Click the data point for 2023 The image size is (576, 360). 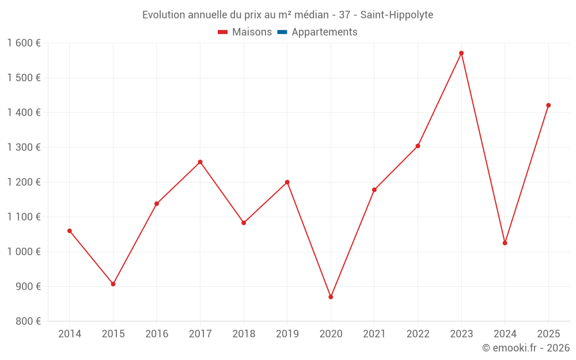coord(461,53)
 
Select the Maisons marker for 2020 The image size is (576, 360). coord(331,297)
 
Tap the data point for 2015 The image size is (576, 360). coord(113,284)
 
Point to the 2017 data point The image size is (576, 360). coord(200,162)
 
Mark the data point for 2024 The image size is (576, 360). coord(505,243)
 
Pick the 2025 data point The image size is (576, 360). coord(548,105)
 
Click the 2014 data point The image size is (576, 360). coord(70,231)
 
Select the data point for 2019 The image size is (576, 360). coord(287,182)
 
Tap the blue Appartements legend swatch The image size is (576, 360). coord(282,32)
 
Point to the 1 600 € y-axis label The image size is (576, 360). coord(24,43)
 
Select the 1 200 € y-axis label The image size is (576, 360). coord(24,182)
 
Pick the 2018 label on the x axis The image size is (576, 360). coord(244,334)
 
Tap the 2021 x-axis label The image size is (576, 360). coord(374,334)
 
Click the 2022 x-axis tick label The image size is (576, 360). coord(418,334)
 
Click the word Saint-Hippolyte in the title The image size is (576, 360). coord(397,15)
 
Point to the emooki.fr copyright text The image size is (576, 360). coord(526,348)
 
